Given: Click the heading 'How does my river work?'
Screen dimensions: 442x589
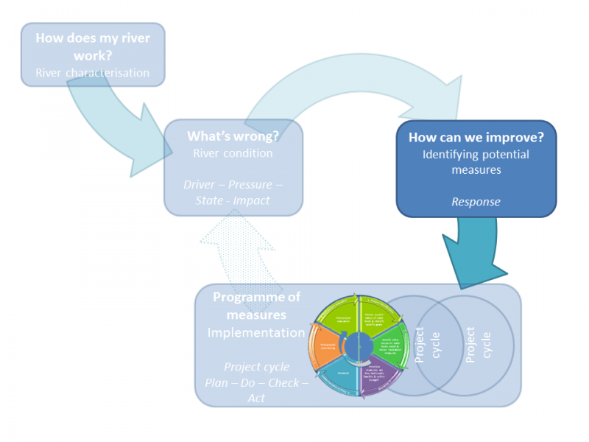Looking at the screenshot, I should coord(91,46).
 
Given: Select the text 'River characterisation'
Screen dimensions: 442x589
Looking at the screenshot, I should coord(92,73).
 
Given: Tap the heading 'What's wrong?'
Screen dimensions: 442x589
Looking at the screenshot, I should coord(233,136).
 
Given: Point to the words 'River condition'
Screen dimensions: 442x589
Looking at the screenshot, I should coord(233,153).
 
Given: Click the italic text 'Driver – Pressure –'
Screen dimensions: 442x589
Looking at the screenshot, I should coord(233,184).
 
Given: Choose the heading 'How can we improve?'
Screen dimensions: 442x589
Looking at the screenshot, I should coord(476,137).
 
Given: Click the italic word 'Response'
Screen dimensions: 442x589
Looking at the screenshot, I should coord(476,201).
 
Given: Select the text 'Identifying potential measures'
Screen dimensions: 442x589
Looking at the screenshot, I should coord(476,162).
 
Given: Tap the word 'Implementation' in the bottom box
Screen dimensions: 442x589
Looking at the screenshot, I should coord(255,333).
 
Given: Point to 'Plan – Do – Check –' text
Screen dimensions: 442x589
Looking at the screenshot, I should coord(255,382).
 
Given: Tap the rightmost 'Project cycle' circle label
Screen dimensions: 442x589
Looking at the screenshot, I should coord(479,343).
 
